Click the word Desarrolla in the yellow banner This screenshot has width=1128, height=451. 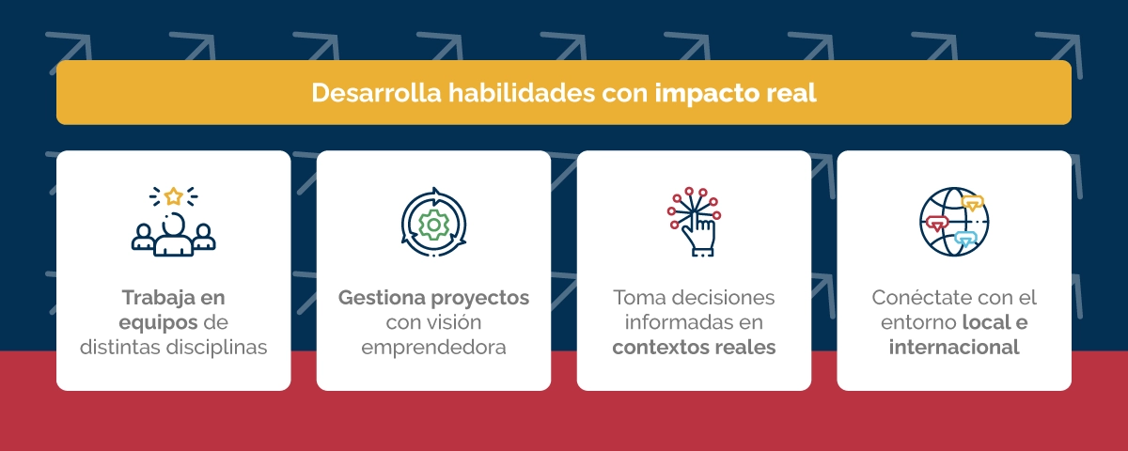click(x=376, y=93)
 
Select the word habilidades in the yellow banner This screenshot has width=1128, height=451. click(x=522, y=93)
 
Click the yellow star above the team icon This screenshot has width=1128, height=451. click(x=174, y=196)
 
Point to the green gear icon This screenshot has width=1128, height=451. click(x=433, y=225)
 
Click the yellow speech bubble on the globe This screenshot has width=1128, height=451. click(x=972, y=203)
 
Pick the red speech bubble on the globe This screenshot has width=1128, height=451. click(x=936, y=224)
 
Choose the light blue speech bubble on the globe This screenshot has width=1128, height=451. click(x=964, y=238)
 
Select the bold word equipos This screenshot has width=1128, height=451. click(x=158, y=323)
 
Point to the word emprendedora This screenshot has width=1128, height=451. click(x=433, y=348)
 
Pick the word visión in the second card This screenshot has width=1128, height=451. click(x=459, y=322)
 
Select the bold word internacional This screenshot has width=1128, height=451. click(x=954, y=348)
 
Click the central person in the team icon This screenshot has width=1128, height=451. click(x=174, y=235)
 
